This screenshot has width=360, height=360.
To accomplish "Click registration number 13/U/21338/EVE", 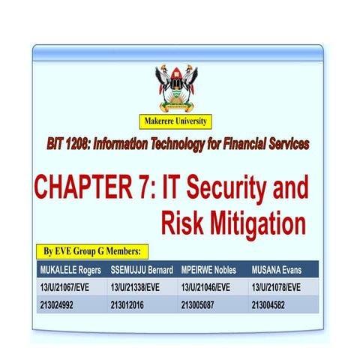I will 139,287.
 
